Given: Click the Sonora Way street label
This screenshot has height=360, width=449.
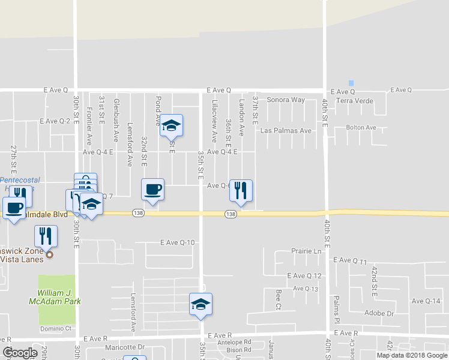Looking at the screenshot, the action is tap(286, 100).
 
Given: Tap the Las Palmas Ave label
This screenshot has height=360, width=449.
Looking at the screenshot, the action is tap(286, 131).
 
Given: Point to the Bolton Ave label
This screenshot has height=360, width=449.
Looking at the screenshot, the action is tap(361, 127).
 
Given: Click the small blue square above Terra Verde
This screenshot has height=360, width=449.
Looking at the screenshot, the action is tap(352, 83).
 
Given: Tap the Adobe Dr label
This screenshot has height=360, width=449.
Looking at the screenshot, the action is tap(379, 313).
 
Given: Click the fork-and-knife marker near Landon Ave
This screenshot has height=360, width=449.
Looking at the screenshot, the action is tap(241, 191).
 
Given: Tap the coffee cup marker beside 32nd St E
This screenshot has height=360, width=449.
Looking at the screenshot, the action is tap(152, 190).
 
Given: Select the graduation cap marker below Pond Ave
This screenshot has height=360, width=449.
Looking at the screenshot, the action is tap(172, 125).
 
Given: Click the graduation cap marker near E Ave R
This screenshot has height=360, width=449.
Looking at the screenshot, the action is tap(200, 304).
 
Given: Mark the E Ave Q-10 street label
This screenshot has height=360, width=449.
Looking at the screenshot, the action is tap(178, 242).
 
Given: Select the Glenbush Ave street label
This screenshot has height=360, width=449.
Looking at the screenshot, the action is tap(116, 121).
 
